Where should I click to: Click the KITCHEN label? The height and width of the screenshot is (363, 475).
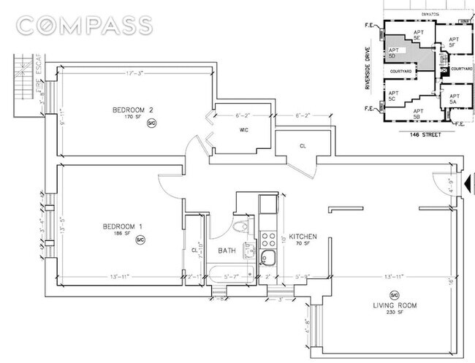point(302,238)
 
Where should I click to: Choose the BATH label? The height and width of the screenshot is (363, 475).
point(226,251)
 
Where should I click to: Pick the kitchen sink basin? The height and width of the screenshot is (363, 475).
point(268,256)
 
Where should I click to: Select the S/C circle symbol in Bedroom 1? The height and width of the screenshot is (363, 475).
point(140,239)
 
